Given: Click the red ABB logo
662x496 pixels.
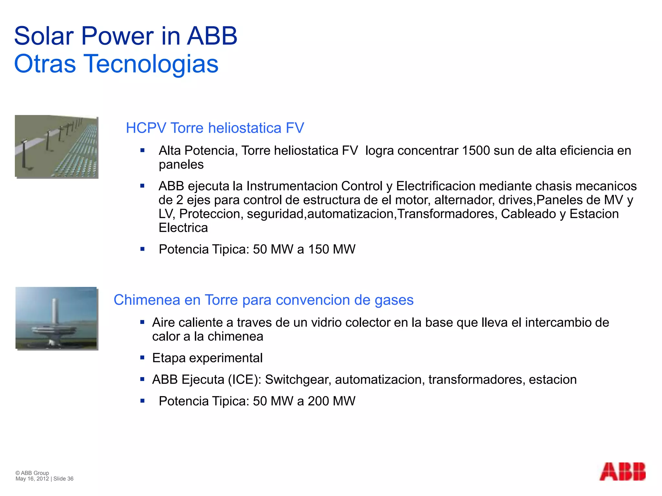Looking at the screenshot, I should [x=622, y=471].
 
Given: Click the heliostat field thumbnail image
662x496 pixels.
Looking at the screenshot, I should [x=57, y=147].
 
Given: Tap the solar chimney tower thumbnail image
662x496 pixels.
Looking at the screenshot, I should [x=57, y=318].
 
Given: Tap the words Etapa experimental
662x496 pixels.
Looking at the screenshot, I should [x=207, y=358].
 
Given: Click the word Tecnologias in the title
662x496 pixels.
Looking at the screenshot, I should [x=151, y=64].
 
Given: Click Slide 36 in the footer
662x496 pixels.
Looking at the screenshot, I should [x=63, y=479].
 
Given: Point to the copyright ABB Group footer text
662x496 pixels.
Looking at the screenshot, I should [x=32, y=473].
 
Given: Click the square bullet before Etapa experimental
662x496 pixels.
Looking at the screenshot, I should [x=142, y=357].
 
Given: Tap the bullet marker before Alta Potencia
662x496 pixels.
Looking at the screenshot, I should [x=142, y=150].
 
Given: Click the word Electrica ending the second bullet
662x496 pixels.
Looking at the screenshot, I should [x=183, y=228].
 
